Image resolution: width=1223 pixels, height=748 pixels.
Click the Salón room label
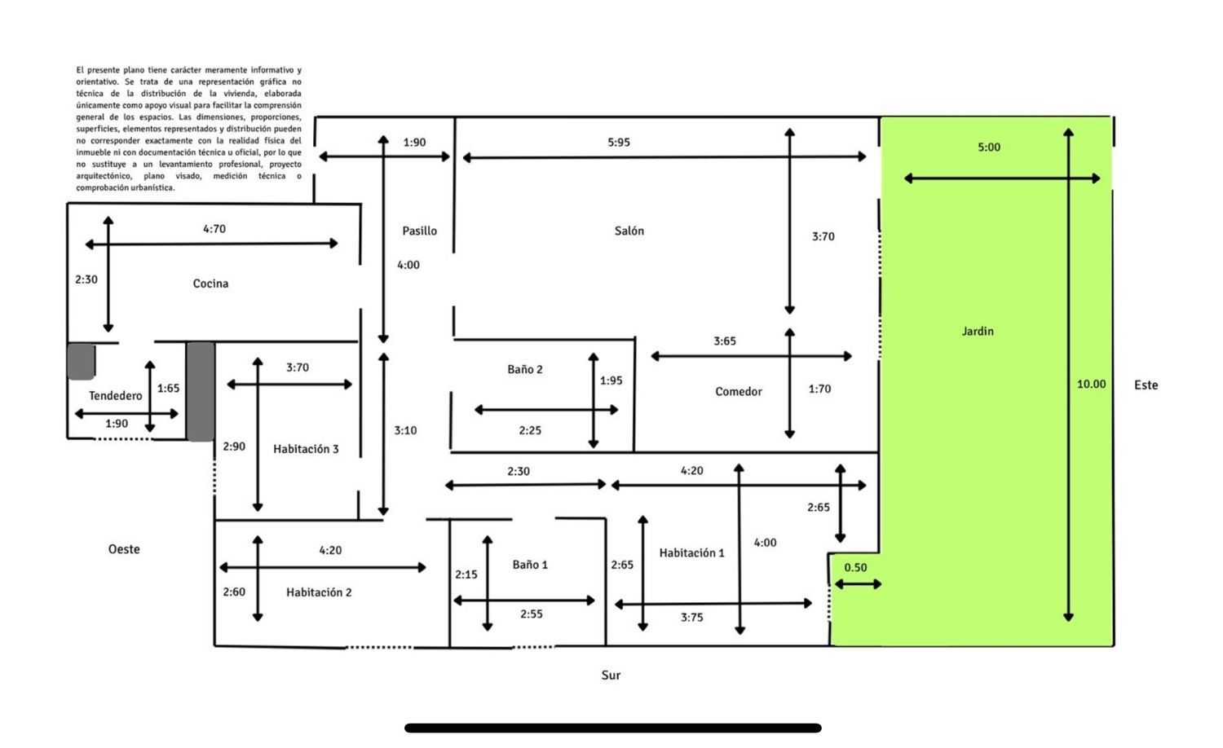pyautogui.click(x=629, y=231)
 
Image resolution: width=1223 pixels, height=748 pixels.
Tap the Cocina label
pyautogui.click(x=210, y=284)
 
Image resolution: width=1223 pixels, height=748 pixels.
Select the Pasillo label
pyautogui.click(x=419, y=231)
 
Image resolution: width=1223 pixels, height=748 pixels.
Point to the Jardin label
pyautogui.click(x=978, y=331)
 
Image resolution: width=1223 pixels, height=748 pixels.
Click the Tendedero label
pyautogui.click(x=115, y=395)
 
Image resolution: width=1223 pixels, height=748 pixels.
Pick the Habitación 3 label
pyautogui.click(x=306, y=449)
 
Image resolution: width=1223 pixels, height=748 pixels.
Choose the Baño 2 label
pyautogui.click(x=525, y=369)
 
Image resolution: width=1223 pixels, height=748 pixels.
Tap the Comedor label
pyautogui.click(x=738, y=392)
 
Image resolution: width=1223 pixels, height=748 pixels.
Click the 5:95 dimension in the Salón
pyautogui.click(x=619, y=143)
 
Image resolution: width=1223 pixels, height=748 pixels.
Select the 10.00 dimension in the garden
pyautogui.click(x=1091, y=384)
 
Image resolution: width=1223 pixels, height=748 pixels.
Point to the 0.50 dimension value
pyautogui.click(x=855, y=567)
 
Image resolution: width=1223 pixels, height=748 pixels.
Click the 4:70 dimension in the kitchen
pyautogui.click(x=214, y=229)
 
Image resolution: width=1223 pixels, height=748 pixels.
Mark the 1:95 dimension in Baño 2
pyautogui.click(x=611, y=381)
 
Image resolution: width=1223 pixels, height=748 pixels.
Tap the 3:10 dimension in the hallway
pyautogui.click(x=405, y=430)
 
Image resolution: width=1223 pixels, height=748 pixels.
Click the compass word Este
pyautogui.click(x=1146, y=385)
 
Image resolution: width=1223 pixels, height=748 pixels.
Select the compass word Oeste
pyautogui.click(x=124, y=549)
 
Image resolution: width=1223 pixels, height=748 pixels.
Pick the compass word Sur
pyautogui.click(x=611, y=675)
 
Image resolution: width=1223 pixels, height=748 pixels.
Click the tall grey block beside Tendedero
pyautogui.click(x=201, y=392)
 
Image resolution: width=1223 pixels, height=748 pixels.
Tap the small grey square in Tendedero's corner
pyautogui.click(x=81, y=361)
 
